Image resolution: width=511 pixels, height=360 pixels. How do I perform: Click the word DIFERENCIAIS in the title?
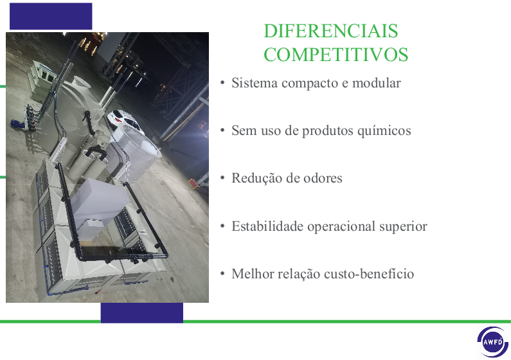[331, 31]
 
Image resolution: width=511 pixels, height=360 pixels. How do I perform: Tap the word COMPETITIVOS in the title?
[336, 55]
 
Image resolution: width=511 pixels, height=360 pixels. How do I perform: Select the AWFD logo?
[493, 342]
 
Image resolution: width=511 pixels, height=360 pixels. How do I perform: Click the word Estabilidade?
[267, 226]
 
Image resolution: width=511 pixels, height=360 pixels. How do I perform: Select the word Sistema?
[255, 83]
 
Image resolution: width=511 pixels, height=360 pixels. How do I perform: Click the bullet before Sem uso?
[222, 130]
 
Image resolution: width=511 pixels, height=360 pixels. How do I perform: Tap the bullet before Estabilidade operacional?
[222, 226]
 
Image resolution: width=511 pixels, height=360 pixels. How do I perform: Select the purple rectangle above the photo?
[51, 16]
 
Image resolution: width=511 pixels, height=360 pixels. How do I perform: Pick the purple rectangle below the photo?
[142, 313]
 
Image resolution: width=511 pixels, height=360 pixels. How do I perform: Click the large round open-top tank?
[137, 150]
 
